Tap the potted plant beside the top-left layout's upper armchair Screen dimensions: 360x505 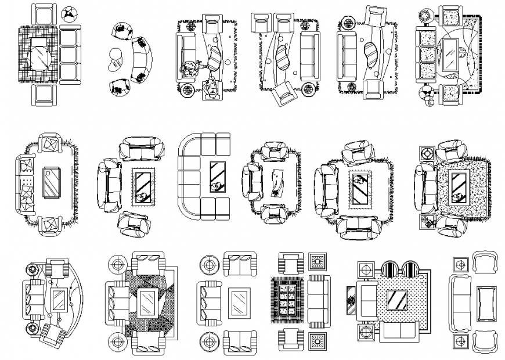[x=71, y=14]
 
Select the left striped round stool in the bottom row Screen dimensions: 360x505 [x=389, y=271]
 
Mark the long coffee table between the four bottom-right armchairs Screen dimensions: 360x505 [x=484, y=303]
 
